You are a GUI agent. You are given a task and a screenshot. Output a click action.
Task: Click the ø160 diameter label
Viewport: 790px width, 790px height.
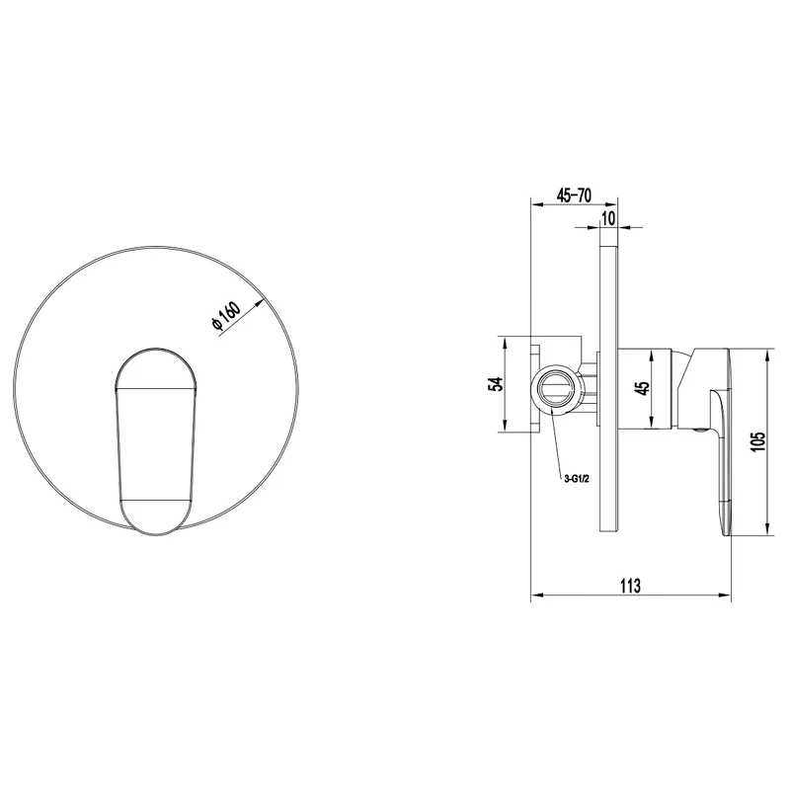(x=226, y=316)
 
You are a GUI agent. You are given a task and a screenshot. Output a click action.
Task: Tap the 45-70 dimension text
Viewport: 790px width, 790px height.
(x=574, y=195)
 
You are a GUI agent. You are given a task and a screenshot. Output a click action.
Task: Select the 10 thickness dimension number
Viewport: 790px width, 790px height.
(x=608, y=218)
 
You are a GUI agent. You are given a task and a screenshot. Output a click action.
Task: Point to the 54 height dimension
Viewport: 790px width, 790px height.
(x=497, y=384)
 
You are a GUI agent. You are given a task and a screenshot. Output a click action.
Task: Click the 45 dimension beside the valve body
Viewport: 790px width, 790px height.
(x=644, y=388)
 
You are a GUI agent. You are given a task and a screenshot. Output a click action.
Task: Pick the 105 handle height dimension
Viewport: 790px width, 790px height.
(x=757, y=441)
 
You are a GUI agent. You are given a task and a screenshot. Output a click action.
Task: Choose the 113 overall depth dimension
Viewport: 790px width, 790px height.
(x=630, y=586)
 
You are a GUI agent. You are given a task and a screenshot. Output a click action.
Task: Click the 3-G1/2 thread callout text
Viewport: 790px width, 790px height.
(x=577, y=479)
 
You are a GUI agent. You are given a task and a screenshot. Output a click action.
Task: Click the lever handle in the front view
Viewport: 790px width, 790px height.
(x=156, y=441)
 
